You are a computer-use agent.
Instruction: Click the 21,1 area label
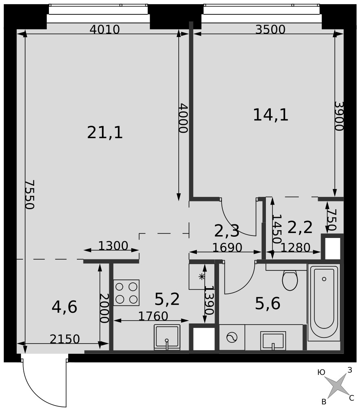click(105, 132)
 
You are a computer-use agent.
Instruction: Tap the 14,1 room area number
click(271, 115)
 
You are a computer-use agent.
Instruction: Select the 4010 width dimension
click(104, 29)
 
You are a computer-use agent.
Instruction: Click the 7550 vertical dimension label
click(30, 194)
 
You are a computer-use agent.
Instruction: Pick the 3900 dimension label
click(339, 116)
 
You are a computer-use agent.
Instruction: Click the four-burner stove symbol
click(126, 293)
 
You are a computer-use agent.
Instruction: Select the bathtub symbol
click(324, 302)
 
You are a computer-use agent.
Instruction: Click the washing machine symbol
click(232, 337)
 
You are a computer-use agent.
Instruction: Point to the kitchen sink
click(167, 337)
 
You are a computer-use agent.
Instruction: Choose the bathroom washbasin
click(273, 340)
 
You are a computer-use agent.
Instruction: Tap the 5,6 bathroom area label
click(268, 304)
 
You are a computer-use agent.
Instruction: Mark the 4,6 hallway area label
click(65, 307)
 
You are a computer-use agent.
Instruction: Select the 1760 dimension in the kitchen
click(153, 316)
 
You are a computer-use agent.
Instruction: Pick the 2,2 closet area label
click(300, 227)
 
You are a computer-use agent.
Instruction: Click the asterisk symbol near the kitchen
click(201, 276)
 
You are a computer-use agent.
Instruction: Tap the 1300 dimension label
click(113, 246)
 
